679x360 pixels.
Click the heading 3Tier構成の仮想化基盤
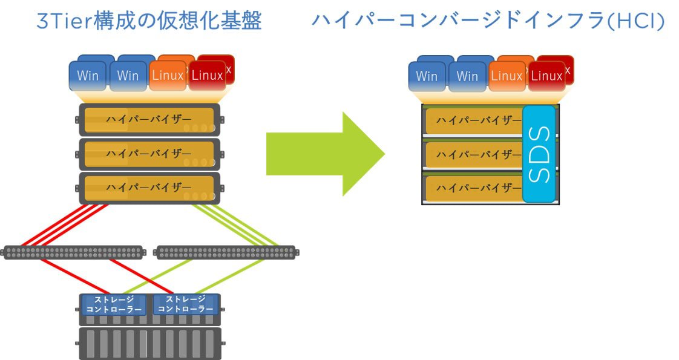click(149, 21)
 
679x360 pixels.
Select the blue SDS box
click(539, 154)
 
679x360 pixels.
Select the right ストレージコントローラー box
click(185, 304)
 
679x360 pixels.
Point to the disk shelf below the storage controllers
click(149, 344)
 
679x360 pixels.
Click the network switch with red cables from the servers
click(73, 252)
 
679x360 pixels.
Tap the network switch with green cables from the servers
click(226, 252)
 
